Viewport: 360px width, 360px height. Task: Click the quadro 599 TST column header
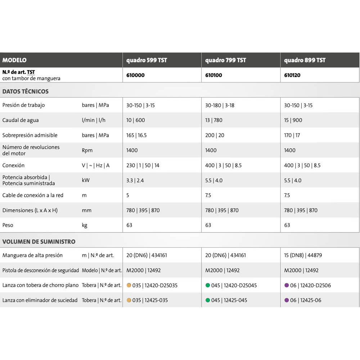[147, 60]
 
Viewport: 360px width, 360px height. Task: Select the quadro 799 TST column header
[225, 60]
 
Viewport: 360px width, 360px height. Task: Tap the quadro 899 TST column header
[305, 60]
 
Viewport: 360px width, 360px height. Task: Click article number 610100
[213, 75]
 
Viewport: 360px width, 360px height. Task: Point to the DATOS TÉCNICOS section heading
[25, 91]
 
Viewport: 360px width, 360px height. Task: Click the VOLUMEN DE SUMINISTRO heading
[39, 242]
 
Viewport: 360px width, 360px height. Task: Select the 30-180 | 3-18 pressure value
[220, 105]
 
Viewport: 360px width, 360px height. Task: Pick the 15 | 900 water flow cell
[293, 120]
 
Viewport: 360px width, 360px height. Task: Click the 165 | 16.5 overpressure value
[136, 135]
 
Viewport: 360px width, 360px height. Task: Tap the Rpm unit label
[87, 150]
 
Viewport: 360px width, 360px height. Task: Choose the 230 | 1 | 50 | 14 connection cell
[143, 165]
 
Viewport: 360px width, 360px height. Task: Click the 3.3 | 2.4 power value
[135, 180]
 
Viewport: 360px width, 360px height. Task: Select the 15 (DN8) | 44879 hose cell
[303, 255]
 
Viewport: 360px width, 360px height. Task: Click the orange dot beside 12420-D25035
[129, 285]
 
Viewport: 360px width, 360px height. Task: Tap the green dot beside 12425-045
[208, 300]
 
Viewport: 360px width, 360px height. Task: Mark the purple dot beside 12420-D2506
[287, 285]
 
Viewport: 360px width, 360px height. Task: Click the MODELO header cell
[14, 60]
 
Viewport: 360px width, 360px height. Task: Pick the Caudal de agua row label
[21, 120]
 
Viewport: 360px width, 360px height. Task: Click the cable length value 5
[128, 195]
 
